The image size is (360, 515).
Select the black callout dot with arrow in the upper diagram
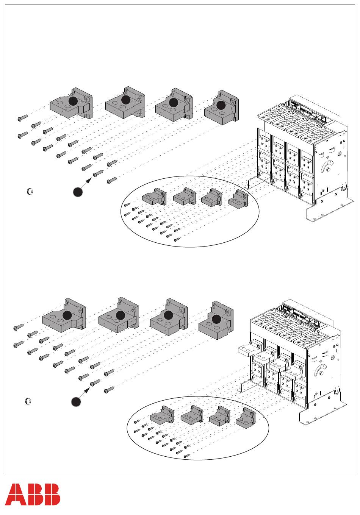click(x=78, y=192)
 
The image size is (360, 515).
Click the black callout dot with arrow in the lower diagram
click(x=76, y=401)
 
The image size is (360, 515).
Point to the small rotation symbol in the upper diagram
click(x=30, y=191)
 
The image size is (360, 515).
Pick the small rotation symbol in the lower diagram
click(x=28, y=401)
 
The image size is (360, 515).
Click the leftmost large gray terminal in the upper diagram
click(x=71, y=103)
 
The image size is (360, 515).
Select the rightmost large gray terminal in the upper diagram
click(x=221, y=108)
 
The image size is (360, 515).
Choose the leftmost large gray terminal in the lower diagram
click(x=64, y=315)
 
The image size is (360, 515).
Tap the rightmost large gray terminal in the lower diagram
click(x=216, y=320)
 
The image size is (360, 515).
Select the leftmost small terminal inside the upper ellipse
click(x=154, y=197)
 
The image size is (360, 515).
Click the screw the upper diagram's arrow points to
click(x=98, y=173)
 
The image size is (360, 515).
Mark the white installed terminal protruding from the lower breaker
click(x=250, y=350)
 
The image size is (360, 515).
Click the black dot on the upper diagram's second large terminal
click(x=126, y=100)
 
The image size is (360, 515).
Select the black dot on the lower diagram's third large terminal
click(x=168, y=315)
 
